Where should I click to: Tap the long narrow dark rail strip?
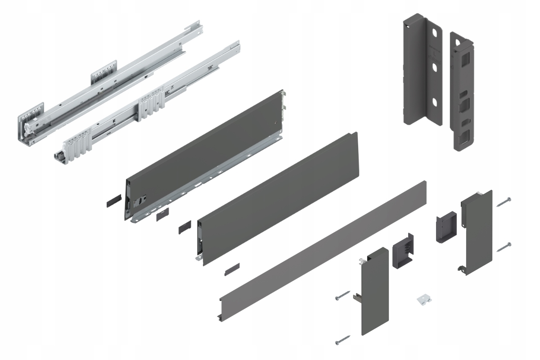pyautogui.click(x=324, y=243)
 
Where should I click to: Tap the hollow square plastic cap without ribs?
pyautogui.click(x=445, y=227)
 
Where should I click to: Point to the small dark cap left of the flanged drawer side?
pyautogui.click(x=114, y=201)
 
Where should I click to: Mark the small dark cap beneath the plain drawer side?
pyautogui.click(x=232, y=269)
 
